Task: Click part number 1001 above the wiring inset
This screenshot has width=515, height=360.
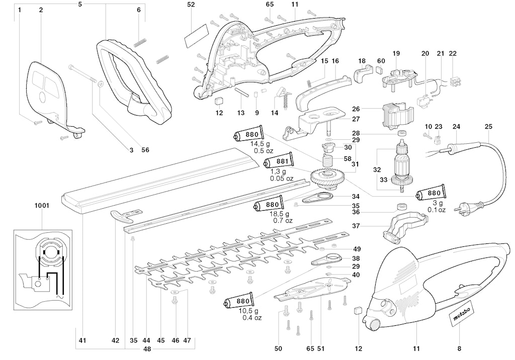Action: [x=42, y=206]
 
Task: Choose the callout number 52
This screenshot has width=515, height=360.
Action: [x=191, y=5]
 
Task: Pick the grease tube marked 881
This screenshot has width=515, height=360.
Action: [x=277, y=162]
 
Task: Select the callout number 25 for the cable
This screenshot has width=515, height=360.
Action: [x=488, y=126]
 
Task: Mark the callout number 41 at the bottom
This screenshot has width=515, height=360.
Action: [x=82, y=341]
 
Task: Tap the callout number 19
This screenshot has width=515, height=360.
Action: [x=396, y=54]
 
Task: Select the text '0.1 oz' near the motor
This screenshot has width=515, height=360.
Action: [x=437, y=210]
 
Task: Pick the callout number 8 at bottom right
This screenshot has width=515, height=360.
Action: [x=459, y=348]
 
